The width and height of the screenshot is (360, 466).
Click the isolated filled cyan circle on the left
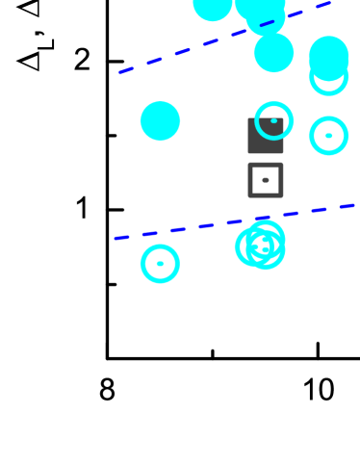160,121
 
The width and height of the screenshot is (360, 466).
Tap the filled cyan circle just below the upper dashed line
273,53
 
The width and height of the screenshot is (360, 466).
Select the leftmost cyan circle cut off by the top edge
213,5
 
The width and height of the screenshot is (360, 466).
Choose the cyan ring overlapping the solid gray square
273,120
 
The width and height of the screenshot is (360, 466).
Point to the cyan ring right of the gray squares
328,136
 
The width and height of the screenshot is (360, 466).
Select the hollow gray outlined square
266,180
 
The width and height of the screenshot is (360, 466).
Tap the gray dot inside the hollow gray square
266,180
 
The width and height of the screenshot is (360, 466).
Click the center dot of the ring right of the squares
328,136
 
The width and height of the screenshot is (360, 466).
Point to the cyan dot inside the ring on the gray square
273,120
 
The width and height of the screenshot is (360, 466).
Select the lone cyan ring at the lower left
160,264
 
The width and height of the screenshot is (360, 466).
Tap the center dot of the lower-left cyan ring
160,264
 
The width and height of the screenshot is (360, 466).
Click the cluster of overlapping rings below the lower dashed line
261,246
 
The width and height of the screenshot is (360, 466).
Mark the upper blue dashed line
224,38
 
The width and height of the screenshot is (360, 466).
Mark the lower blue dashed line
234,221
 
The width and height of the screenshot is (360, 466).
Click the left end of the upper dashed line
120,72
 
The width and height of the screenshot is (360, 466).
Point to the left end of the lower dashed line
115,238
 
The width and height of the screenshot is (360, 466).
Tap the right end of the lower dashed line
354,204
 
